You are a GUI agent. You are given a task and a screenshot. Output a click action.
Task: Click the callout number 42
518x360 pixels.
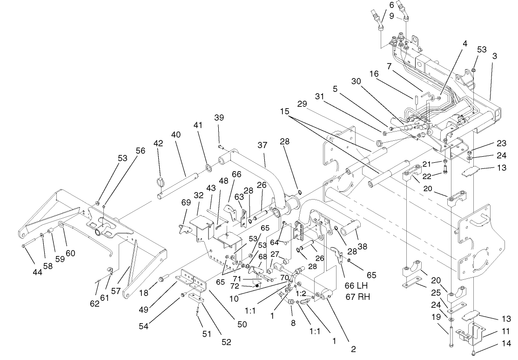click(x=158, y=144)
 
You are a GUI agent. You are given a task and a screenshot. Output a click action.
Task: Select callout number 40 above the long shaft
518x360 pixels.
click(x=175, y=135)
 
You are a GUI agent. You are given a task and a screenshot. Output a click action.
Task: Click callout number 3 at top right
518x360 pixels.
click(x=494, y=55)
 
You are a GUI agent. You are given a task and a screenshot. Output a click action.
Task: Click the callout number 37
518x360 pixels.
click(x=262, y=146)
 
